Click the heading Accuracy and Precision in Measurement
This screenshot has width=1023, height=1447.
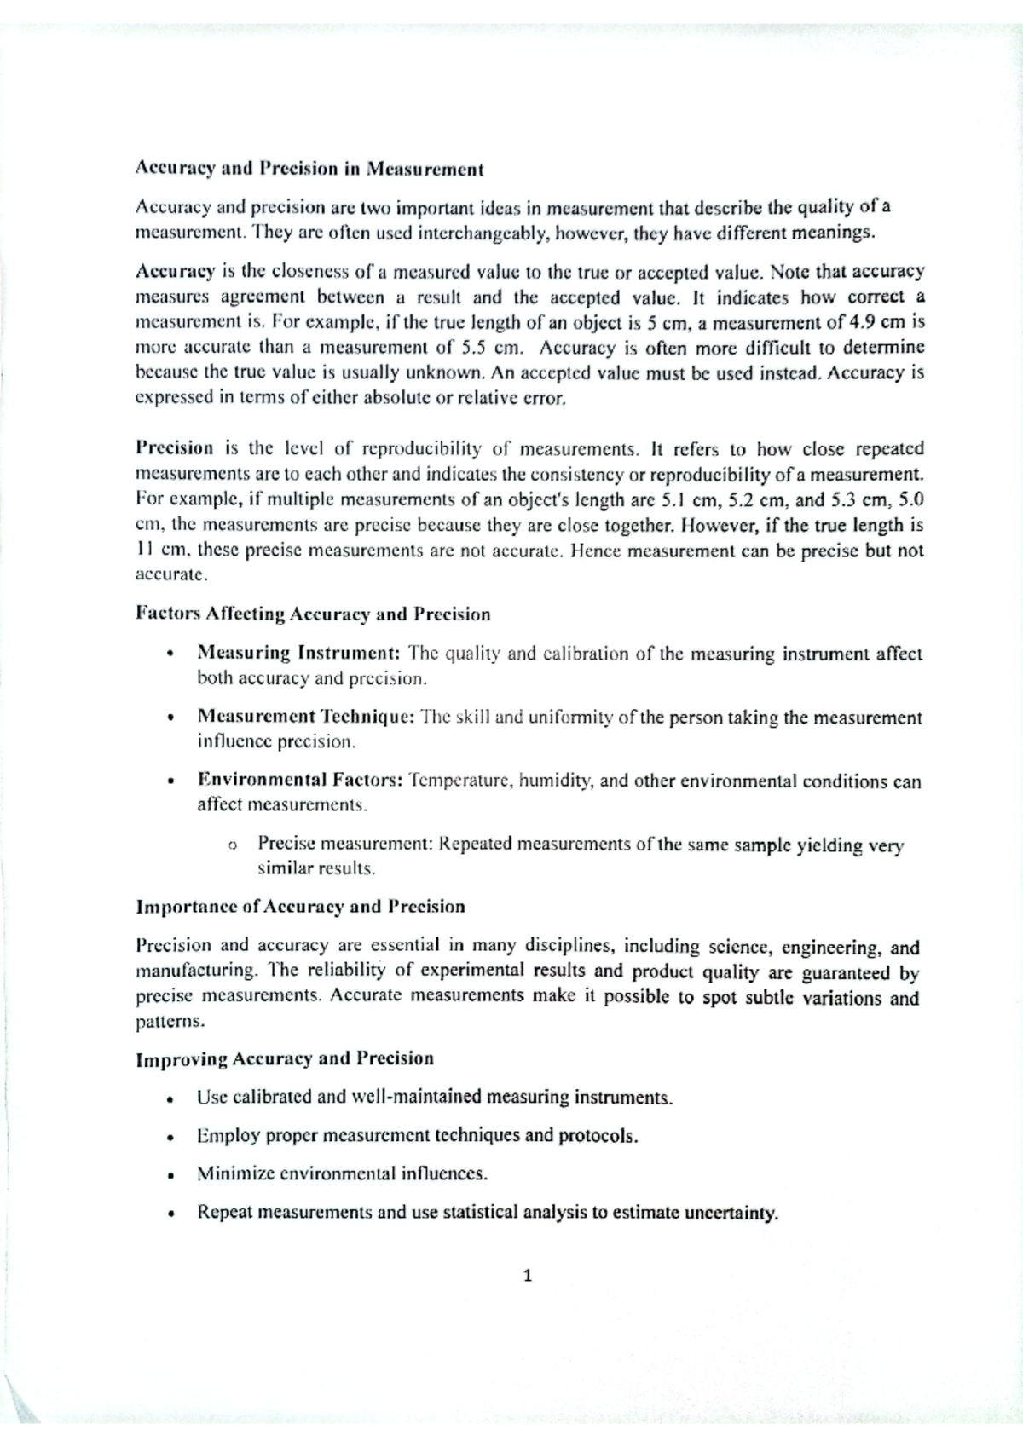pos(309,169)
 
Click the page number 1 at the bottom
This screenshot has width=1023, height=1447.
pos(528,1277)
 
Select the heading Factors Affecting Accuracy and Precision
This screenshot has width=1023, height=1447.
pos(313,614)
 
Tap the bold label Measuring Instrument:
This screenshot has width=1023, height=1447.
pos(299,654)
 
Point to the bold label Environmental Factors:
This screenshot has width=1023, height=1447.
pos(300,780)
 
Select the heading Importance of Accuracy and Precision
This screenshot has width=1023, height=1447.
pos(300,907)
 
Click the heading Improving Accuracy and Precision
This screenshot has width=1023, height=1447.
pos(285,1059)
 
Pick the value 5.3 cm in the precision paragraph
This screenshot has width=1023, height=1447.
pos(852,499)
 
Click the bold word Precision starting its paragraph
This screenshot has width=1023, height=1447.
pos(175,449)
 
